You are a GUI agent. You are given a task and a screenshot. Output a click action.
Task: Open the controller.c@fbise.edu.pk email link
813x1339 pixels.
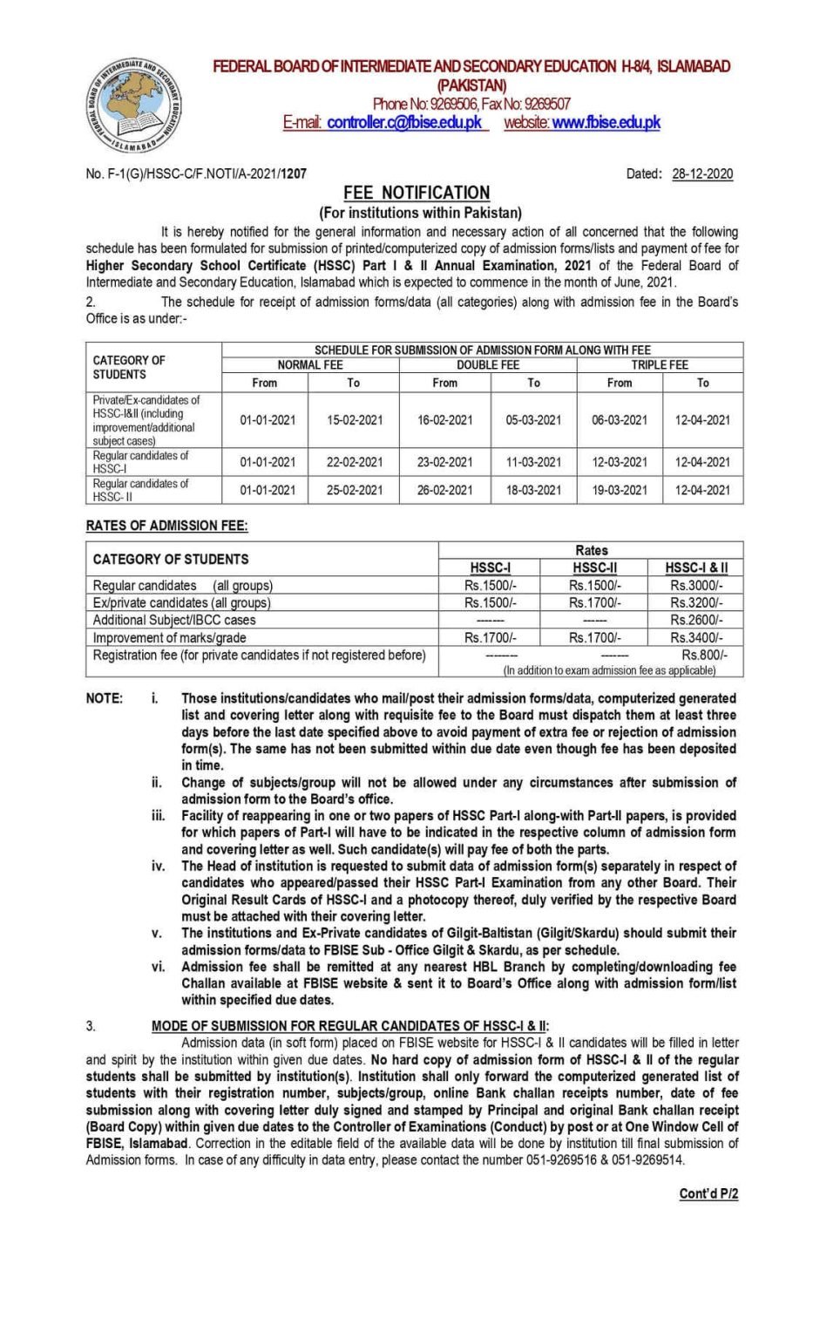404,123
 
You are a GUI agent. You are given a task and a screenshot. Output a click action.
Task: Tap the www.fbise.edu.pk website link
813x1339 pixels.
606,123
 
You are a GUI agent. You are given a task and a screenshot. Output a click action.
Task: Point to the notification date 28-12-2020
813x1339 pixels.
701,173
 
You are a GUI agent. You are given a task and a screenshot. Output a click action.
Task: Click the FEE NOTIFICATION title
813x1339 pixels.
416,193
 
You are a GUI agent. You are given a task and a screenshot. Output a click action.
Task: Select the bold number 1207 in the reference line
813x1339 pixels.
294,173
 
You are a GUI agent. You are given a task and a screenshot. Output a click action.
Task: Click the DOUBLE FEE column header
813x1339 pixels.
487,365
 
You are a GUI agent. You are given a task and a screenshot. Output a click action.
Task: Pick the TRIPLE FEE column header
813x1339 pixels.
660,365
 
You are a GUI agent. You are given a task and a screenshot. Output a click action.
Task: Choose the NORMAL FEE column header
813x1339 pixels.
310,365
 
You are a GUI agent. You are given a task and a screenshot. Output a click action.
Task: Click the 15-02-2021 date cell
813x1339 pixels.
355,420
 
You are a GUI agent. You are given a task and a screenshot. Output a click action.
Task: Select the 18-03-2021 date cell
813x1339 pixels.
533,490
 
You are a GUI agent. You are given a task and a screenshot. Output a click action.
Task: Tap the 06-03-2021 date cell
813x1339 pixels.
620,420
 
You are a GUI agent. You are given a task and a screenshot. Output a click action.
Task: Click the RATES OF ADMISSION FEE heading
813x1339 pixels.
166,526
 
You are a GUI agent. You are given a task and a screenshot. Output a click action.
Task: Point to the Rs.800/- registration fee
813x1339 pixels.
704,655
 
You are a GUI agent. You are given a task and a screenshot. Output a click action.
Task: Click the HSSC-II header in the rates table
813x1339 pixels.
594,568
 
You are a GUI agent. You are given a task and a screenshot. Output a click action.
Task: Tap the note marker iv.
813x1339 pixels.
158,866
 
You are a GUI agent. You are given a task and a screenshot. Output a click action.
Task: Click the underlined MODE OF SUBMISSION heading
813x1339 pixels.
350,1026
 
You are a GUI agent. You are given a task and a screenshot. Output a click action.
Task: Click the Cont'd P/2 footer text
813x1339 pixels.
708,1193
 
